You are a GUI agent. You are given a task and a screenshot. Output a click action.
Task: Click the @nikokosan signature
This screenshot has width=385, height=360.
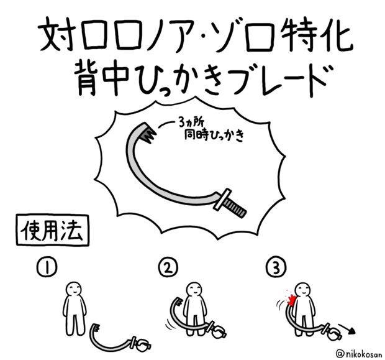pyautogui.click(x=360, y=354)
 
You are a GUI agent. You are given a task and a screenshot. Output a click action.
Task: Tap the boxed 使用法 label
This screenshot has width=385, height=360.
pyautogui.click(x=52, y=230)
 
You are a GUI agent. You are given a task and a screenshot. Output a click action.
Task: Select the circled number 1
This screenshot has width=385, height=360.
pyautogui.click(x=47, y=267)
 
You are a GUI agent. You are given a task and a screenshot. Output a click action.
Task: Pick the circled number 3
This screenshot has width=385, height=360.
pyautogui.click(x=276, y=268)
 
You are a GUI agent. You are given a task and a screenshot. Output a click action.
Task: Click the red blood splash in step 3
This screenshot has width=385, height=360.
pyautogui.click(x=290, y=299)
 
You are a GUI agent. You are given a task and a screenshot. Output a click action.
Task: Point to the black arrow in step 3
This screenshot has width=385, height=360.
pyautogui.click(x=346, y=328)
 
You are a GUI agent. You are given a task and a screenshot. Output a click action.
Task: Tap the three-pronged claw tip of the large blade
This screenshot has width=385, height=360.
pyautogui.click(x=148, y=133)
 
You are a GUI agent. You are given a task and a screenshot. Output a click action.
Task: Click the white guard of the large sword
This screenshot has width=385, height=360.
pyautogui.click(x=222, y=199)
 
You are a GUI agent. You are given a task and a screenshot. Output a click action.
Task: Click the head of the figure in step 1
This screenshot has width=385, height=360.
pyautogui.click(x=74, y=289)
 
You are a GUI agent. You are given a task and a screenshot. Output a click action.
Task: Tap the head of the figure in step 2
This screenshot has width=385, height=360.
pyautogui.click(x=194, y=290)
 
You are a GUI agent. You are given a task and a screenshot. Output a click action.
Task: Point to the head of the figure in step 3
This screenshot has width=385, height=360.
pyautogui.click(x=302, y=290)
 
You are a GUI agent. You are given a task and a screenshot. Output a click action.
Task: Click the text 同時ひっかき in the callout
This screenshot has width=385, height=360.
pyautogui.click(x=214, y=136)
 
